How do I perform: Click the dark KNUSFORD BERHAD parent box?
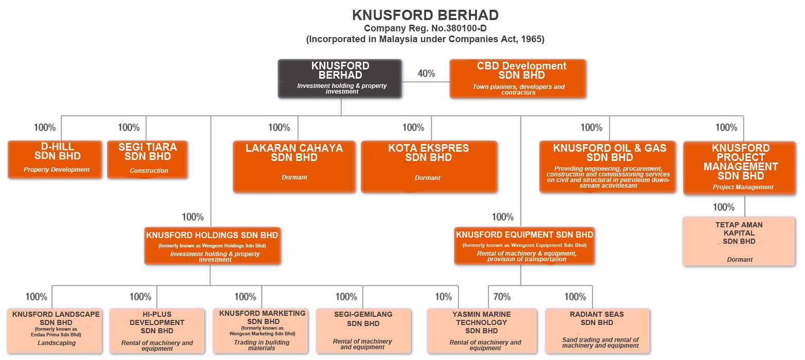point(340,79)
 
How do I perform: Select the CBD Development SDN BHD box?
point(518,79)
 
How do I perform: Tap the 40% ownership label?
point(426,74)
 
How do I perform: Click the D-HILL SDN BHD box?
point(54,159)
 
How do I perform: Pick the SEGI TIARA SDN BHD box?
point(148,159)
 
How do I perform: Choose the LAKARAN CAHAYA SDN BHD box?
point(294,167)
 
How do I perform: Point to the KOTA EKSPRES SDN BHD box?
point(429,167)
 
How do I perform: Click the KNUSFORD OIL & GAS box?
point(608,167)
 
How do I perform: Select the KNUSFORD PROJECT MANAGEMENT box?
point(740,168)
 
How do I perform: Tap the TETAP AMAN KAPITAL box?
point(739,241)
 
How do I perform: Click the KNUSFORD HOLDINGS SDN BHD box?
point(212,246)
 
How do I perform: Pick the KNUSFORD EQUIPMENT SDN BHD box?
point(524,246)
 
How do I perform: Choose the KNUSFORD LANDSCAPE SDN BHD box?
point(54,331)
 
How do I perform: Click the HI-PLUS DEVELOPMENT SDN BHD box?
point(157,331)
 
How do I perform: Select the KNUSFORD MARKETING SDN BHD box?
point(261,331)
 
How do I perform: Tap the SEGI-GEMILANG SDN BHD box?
point(363,331)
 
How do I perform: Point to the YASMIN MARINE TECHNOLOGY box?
point(482,331)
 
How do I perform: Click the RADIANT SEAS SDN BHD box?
point(598,331)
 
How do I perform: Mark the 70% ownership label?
point(502,297)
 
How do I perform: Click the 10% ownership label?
point(444,297)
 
